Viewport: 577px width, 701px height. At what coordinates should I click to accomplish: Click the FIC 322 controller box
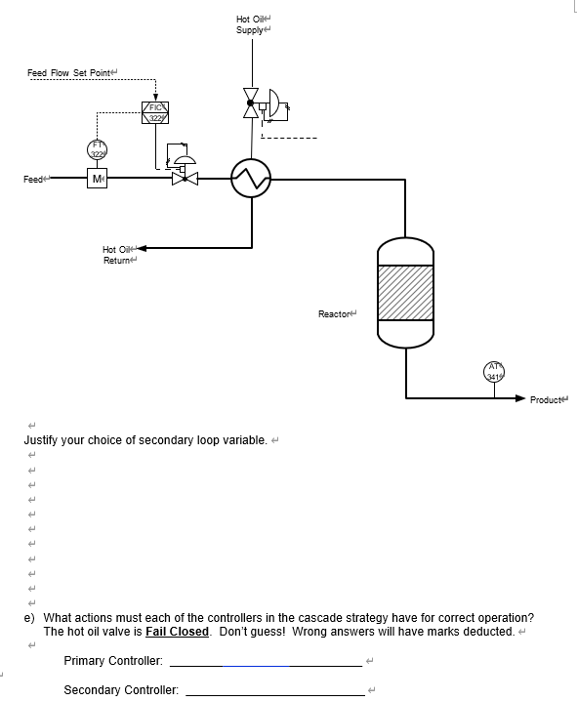(156, 112)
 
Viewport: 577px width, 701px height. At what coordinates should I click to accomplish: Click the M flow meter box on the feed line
(98, 180)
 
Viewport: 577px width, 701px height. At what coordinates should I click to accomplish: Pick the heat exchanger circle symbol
(251, 179)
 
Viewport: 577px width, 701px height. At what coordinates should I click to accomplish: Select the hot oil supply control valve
(253, 103)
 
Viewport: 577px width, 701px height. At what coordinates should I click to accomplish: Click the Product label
(548, 399)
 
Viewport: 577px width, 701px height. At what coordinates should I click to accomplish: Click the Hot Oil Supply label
(251, 24)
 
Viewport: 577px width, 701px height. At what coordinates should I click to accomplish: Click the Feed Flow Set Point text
(70, 73)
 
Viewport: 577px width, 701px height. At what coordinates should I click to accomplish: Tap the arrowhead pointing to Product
(520, 398)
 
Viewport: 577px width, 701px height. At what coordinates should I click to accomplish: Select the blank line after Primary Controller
(266, 665)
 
